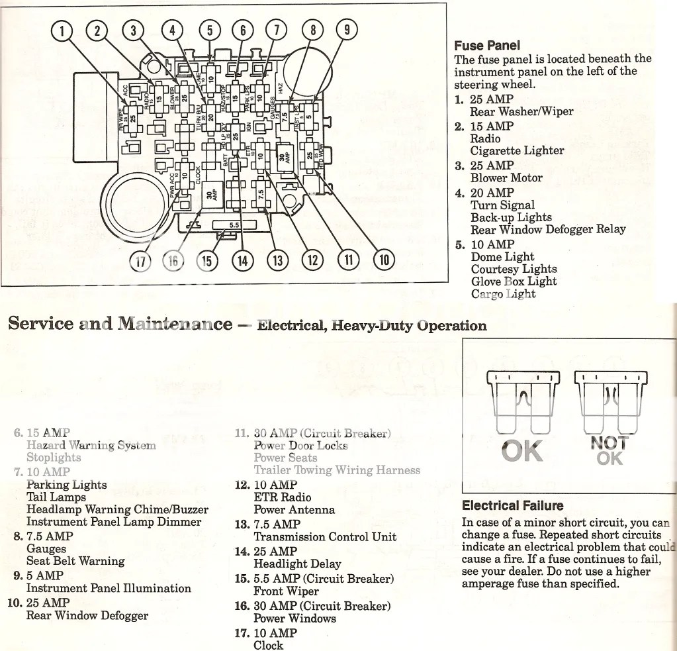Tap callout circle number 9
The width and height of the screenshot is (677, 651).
click(347, 30)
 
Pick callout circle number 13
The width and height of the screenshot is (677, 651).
click(278, 260)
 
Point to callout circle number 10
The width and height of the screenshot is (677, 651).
click(383, 259)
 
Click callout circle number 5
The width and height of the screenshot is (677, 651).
click(210, 30)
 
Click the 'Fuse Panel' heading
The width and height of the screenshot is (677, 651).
click(486, 46)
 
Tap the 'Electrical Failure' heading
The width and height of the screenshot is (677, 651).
click(512, 506)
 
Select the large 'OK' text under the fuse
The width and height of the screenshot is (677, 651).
click(522, 451)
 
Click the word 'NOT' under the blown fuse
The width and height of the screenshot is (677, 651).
click(609, 442)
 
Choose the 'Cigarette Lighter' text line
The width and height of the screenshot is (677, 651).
click(517, 150)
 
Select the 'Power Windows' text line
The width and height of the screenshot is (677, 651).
click(294, 619)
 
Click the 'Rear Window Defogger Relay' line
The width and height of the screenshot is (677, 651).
click(548, 230)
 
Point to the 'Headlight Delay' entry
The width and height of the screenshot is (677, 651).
click(297, 564)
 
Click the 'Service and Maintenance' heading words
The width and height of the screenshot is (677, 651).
click(120, 324)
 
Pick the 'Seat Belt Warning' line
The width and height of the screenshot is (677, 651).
click(75, 561)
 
